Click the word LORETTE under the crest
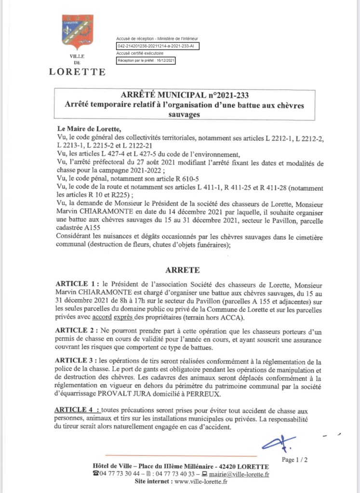click(x=77, y=72)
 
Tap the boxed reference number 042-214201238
click(x=157, y=46)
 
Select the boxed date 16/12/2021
click(x=164, y=61)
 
